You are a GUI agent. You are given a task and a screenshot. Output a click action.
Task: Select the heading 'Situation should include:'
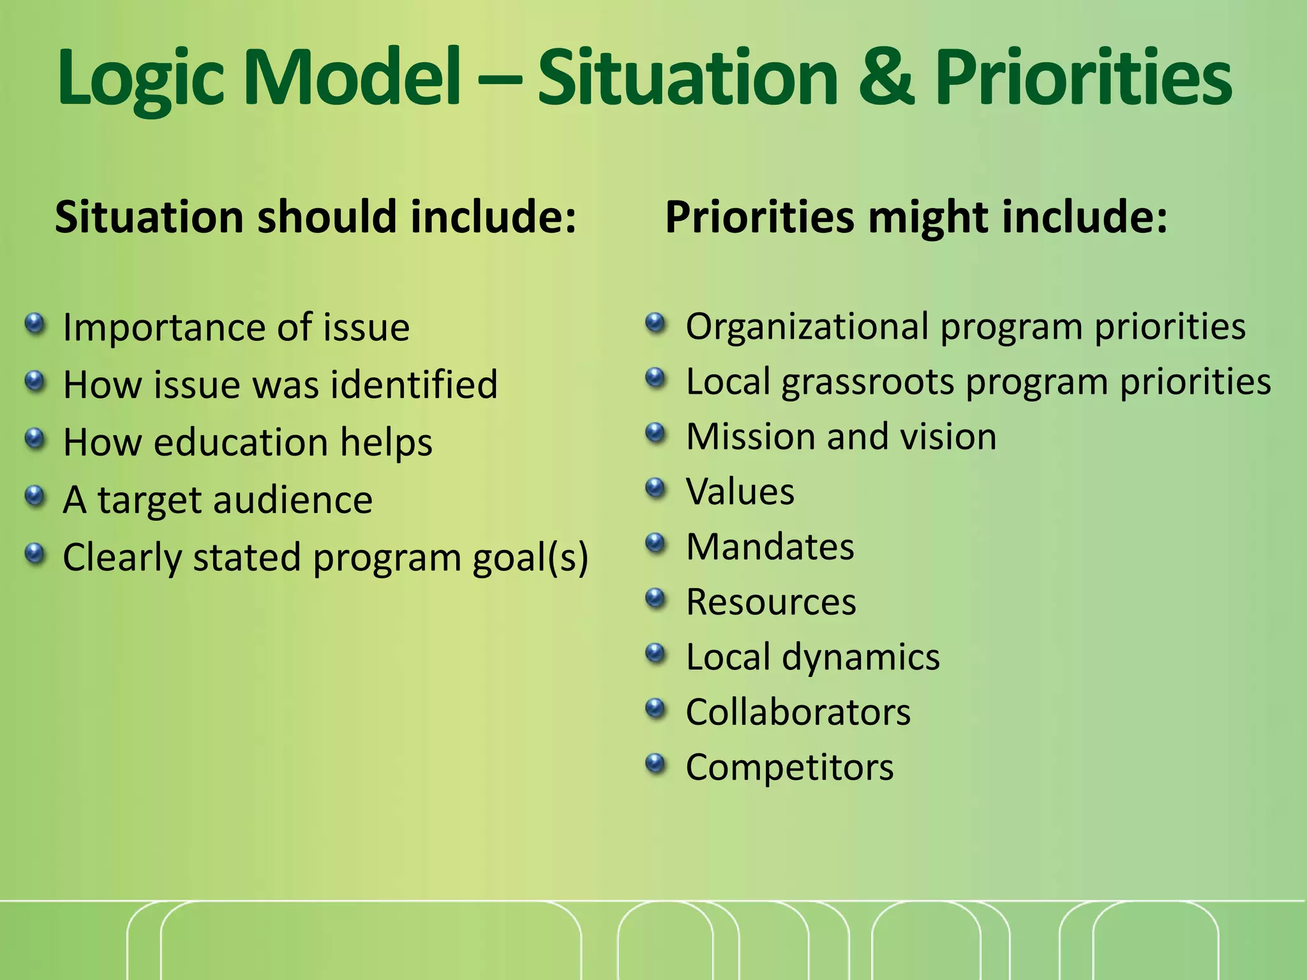coord(315,217)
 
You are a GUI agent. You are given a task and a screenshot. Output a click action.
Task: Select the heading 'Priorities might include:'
coord(916,217)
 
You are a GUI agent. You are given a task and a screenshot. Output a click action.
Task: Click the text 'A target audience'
coord(218,500)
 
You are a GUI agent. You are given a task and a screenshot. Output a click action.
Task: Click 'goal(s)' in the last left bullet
coord(530,558)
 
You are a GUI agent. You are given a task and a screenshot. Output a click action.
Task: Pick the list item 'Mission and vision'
coord(840,437)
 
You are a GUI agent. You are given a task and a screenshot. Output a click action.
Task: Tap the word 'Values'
coord(740,492)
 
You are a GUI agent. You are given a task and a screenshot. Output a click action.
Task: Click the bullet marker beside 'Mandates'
coord(655,544)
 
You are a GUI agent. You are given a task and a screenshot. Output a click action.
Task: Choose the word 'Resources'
coord(770,602)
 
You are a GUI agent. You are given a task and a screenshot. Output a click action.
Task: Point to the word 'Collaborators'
coord(798,712)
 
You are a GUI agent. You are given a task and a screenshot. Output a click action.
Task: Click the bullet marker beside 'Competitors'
coord(655,763)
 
